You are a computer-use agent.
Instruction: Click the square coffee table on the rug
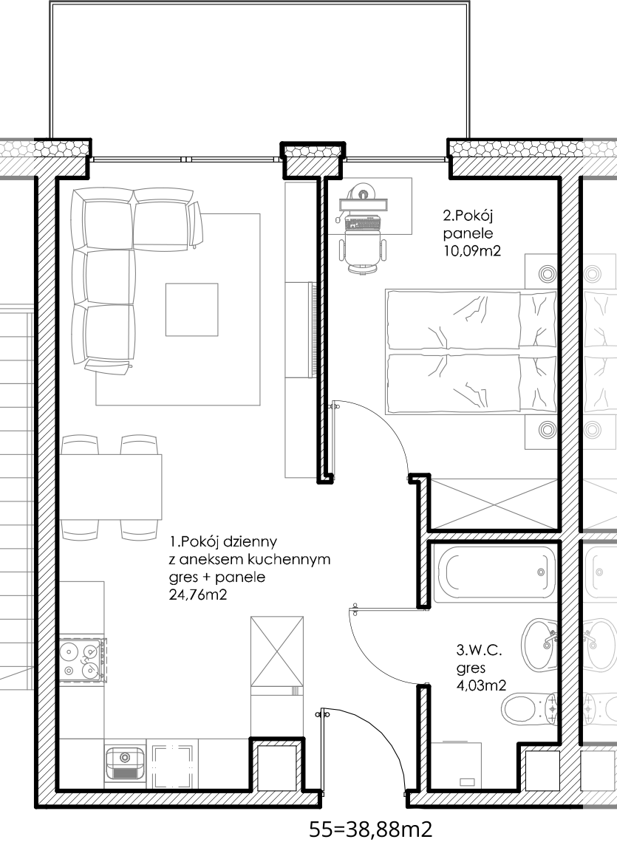coord(191,309)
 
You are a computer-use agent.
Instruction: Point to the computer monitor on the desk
coord(363,205)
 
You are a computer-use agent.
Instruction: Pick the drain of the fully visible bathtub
coord(541,572)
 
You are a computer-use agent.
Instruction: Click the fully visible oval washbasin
coord(539,645)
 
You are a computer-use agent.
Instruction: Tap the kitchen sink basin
coord(124,759)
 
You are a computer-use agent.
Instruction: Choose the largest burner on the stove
coord(69,651)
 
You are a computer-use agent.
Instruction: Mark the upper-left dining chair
coord(80,444)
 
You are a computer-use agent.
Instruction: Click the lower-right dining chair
coord(139,530)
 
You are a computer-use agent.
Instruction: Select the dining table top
coord(111,487)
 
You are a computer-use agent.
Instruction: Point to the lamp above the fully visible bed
coord(547,274)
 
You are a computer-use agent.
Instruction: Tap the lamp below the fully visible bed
coord(547,429)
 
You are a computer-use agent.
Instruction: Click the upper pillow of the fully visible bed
coord(538,319)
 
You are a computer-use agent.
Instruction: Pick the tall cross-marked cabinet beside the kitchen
coord(276,651)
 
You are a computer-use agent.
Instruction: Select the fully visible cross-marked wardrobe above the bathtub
coord(494,504)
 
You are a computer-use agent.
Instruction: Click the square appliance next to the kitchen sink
coord(172,767)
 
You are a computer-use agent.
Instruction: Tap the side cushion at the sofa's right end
coord(195,225)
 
